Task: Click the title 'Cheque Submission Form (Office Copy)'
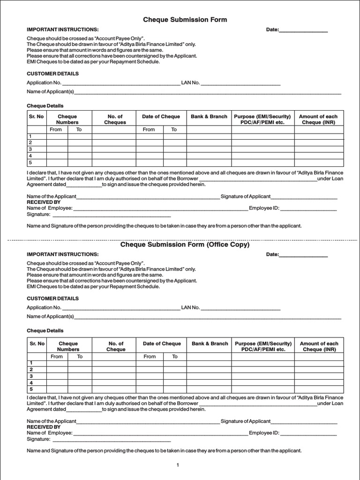pyautogui.click(x=185, y=245)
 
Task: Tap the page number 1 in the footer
pyautogui.click(x=178, y=465)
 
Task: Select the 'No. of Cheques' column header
pyautogui.click(x=115, y=119)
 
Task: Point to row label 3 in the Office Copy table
pyautogui.click(x=31, y=376)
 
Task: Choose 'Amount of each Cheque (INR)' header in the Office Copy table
pyautogui.click(x=319, y=346)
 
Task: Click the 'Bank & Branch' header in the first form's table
pyautogui.click(x=209, y=116)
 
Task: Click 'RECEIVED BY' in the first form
pyautogui.click(x=44, y=202)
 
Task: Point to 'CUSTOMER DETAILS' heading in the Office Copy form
pyautogui.click(x=52, y=299)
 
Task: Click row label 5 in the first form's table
pyautogui.click(x=30, y=162)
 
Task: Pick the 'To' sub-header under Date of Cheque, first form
pyautogui.click(x=174, y=129)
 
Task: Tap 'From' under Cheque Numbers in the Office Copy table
pyautogui.click(x=56, y=357)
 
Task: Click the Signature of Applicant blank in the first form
pyautogui.click(x=304, y=196)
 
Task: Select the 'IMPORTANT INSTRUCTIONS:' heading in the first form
pyautogui.click(x=63, y=30)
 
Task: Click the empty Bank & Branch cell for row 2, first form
pyautogui.click(x=209, y=142)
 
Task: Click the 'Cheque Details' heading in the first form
pyautogui.click(x=45, y=106)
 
